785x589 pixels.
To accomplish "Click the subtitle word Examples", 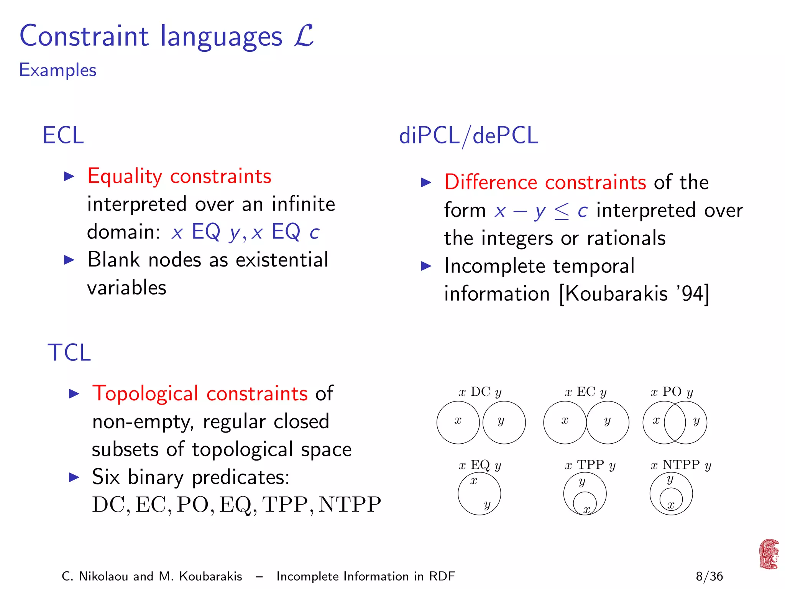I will tap(57, 70).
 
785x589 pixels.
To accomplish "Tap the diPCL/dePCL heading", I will tap(468, 136).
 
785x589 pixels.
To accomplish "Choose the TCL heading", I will tap(69, 352).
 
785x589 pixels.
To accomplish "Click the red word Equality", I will tap(125, 176).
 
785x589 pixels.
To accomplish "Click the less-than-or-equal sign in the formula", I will tap(562, 211).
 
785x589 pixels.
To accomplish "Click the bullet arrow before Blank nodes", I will tap(69, 260).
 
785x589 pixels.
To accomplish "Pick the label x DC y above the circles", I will tap(480, 392).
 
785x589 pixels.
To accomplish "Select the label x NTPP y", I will tap(681, 465).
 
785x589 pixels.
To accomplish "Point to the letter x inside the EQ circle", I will tap(474, 481).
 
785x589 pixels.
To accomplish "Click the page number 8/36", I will tap(709, 576).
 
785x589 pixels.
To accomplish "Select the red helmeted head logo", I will tap(769, 554).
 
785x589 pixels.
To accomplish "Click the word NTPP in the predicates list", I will tap(350, 505).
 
